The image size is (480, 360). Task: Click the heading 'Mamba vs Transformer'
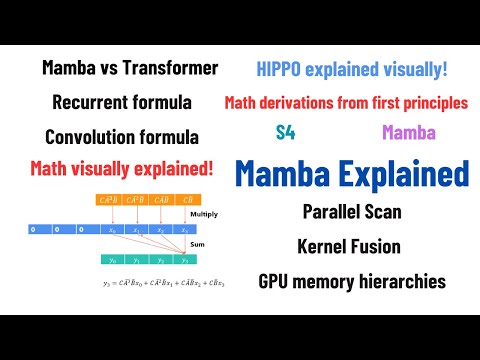(130, 68)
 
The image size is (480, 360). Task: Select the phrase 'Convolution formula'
(121, 135)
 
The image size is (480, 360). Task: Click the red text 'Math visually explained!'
(122, 167)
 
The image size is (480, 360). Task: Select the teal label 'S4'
(285, 131)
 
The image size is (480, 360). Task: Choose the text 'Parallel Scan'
(349, 212)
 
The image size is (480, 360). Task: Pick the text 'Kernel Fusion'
(349, 246)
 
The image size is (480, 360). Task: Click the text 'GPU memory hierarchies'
(349, 281)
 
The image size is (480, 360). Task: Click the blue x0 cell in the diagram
(111, 229)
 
